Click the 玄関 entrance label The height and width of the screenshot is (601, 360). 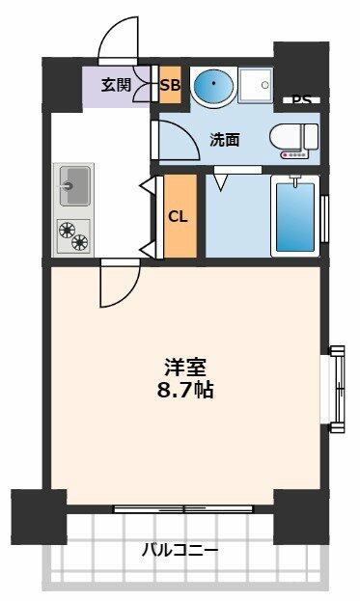[x=116, y=85]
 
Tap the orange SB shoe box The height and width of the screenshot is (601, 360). [x=170, y=85]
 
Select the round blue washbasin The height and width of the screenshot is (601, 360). [x=213, y=85]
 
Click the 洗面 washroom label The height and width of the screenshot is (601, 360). [x=225, y=140]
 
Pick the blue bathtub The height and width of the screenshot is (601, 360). [x=294, y=216]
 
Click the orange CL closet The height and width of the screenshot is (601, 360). [x=180, y=216]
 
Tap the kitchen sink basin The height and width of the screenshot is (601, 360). [x=74, y=186]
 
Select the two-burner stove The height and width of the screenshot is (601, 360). [x=73, y=235]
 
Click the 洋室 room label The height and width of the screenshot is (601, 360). [x=185, y=368]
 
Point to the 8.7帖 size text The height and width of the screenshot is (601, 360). [x=185, y=390]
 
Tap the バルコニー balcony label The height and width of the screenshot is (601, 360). [x=180, y=551]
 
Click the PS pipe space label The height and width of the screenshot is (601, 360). [x=301, y=99]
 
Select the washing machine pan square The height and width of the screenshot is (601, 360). [x=256, y=85]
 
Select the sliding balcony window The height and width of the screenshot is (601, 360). [x=183, y=509]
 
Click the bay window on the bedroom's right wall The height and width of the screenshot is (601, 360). [x=337, y=389]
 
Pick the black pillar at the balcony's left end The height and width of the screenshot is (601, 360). [x=39, y=517]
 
